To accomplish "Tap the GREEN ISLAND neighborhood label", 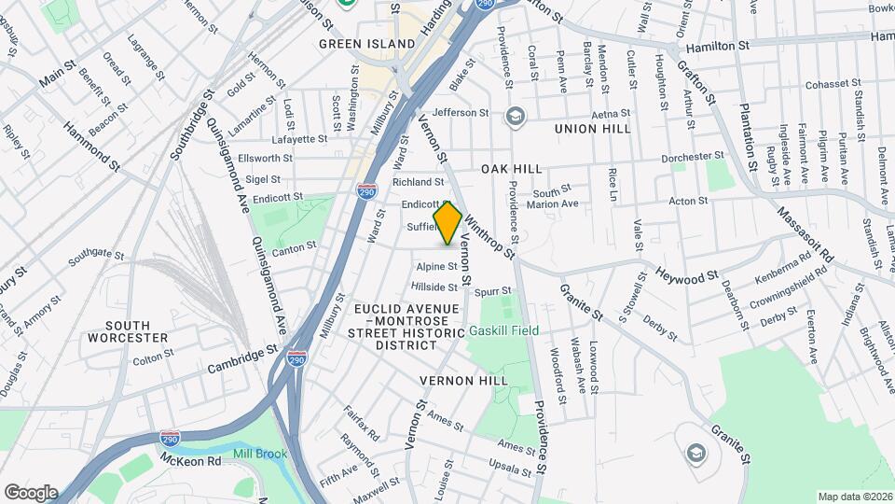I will [366, 44].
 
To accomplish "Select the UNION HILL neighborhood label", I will [593, 128].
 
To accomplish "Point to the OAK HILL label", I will [512, 168].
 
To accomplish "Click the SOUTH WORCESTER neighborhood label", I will [128, 331].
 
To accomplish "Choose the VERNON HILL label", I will [463, 381].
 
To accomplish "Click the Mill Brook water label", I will [260, 454].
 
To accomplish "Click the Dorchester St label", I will [693, 157].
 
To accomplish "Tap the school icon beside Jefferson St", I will [514, 117].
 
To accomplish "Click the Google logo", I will [31, 492].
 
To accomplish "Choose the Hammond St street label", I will [91, 147].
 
